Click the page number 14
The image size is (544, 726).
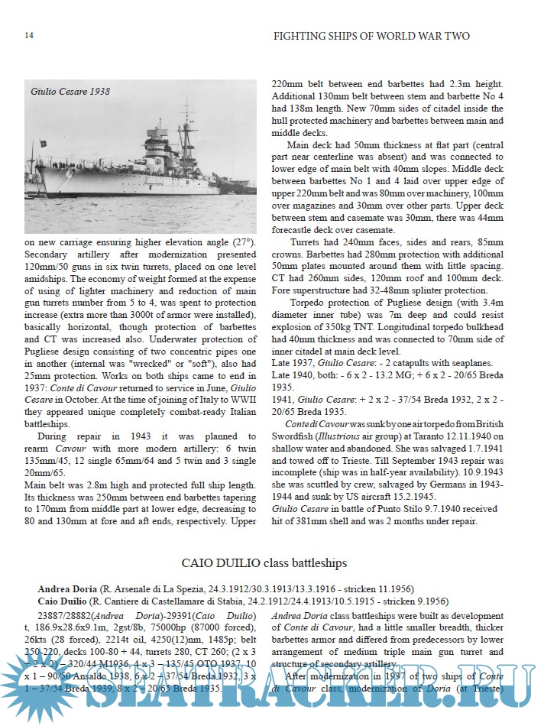pyautogui.click(x=28, y=36)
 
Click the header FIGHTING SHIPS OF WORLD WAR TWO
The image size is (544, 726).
pyautogui.click(x=371, y=36)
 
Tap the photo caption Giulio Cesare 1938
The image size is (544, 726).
pyautogui.click(x=70, y=92)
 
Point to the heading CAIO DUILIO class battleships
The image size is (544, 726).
pyautogui.click(x=264, y=562)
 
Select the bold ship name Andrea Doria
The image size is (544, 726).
pyautogui.click(x=67, y=588)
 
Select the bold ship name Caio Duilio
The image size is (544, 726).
pyautogui.click(x=64, y=601)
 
